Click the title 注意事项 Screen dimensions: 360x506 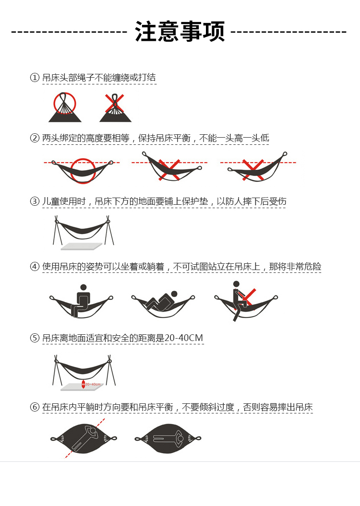tap(180, 32)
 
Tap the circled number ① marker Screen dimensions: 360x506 tap(35, 77)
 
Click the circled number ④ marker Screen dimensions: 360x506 tap(35, 267)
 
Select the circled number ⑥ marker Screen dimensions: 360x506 tap(35, 407)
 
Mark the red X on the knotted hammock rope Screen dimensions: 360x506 tap(114, 103)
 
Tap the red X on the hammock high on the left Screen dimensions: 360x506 tap(169, 170)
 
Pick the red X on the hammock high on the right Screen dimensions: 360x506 tap(253, 170)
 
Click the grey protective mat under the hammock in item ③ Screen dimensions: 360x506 tap(82, 247)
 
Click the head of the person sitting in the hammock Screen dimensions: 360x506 tap(84, 287)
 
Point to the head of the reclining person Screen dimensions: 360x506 tap(174, 294)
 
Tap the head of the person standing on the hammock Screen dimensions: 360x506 tap(236, 284)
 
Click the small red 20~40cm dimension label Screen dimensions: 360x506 tap(93, 384)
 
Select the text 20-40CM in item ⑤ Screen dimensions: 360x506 tap(184, 338)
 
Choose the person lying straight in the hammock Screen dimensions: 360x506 tap(168, 438)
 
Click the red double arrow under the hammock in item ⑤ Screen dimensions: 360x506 tap(84, 384)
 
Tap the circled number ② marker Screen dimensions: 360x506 tap(35, 138)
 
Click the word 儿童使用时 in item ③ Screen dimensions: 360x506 tap(64, 201)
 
